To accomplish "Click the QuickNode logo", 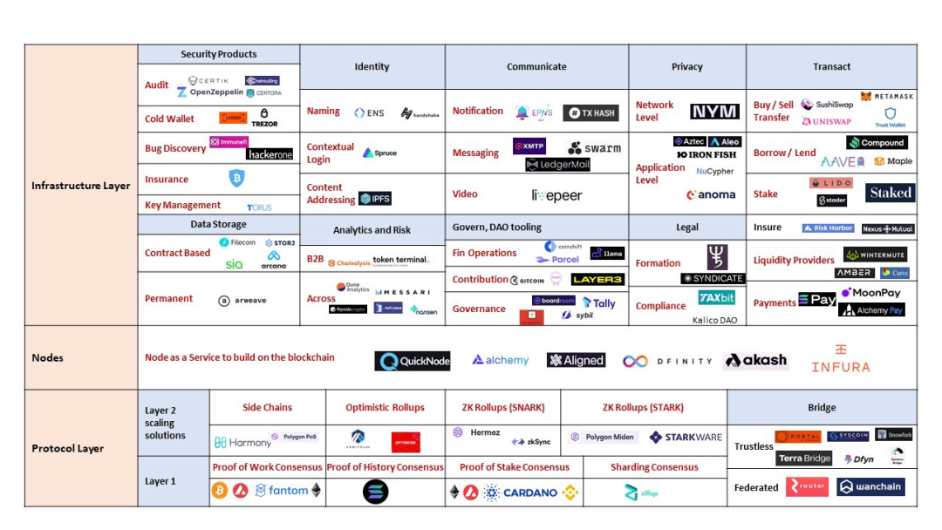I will click(x=413, y=361).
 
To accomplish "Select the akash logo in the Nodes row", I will click(x=756, y=360).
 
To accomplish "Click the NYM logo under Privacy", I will click(x=714, y=112).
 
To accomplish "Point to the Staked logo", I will click(x=890, y=193).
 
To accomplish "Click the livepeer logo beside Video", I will click(x=556, y=195).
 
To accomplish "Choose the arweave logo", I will click(x=243, y=300).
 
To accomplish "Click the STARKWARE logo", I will click(x=686, y=437).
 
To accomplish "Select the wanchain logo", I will click(x=870, y=486).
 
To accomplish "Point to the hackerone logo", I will click(x=270, y=154).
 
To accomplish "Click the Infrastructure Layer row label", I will click(x=81, y=186).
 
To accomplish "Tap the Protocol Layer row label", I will click(x=68, y=448).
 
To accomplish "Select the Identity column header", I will click(x=372, y=66).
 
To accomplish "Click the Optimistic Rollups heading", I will click(x=385, y=407).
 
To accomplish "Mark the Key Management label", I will click(x=182, y=205).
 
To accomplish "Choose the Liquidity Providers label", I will click(x=794, y=260).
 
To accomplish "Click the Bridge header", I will click(x=822, y=407).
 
